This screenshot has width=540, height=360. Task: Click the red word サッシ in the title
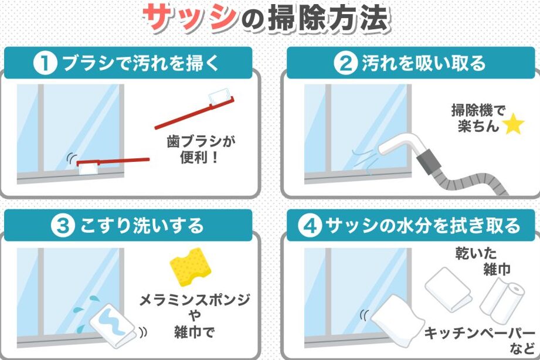click(x=190, y=17)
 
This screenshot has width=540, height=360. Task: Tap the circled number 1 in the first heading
click(x=45, y=63)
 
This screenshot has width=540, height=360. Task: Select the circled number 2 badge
click(x=345, y=63)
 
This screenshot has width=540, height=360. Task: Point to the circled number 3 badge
click(x=62, y=226)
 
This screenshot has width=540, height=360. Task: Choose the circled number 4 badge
click(x=309, y=226)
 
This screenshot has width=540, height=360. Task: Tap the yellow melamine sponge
click(x=191, y=267)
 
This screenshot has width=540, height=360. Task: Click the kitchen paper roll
click(x=502, y=298)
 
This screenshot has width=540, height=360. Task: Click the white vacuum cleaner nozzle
click(x=399, y=145)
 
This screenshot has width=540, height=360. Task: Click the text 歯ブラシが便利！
click(x=201, y=150)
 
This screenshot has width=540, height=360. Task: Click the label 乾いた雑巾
click(x=483, y=261)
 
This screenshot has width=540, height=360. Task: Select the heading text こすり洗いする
click(x=141, y=226)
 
